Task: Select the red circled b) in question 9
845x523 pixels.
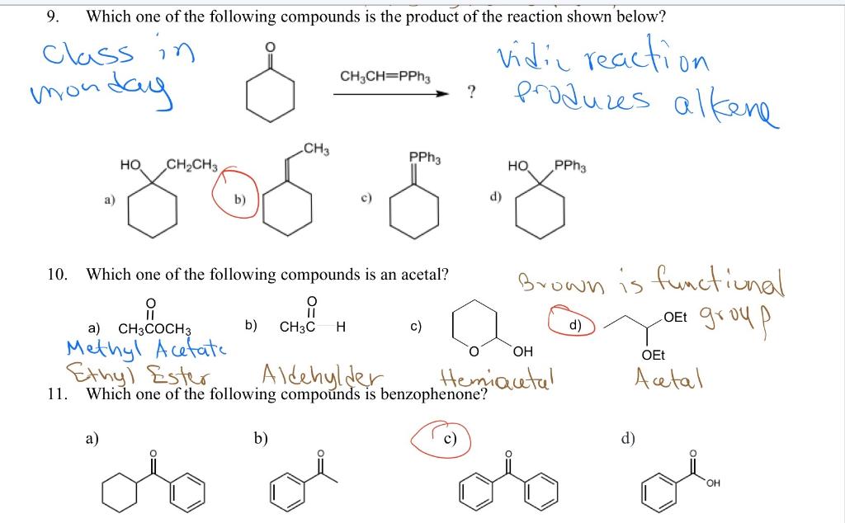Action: click(x=238, y=193)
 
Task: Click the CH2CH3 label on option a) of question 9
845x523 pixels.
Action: click(x=192, y=164)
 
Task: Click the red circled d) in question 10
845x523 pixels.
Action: click(x=570, y=323)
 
